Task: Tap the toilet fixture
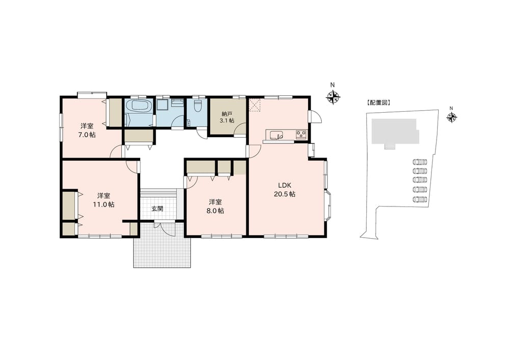(x=197, y=106)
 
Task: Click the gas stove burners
(x=301, y=134)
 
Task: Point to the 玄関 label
(x=158, y=209)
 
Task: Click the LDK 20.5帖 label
(x=284, y=190)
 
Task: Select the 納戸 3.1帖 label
(x=227, y=117)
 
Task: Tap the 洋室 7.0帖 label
(x=87, y=130)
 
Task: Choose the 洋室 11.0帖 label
(x=104, y=200)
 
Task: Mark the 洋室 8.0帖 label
(x=216, y=206)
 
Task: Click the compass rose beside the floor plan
(x=333, y=96)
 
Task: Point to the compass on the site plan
(x=451, y=117)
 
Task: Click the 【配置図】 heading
(x=378, y=103)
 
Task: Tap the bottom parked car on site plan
(x=419, y=199)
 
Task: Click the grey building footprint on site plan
(x=394, y=132)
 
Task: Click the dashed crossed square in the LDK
(x=256, y=105)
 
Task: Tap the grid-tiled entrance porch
(x=162, y=245)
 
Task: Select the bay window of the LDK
(x=328, y=206)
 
